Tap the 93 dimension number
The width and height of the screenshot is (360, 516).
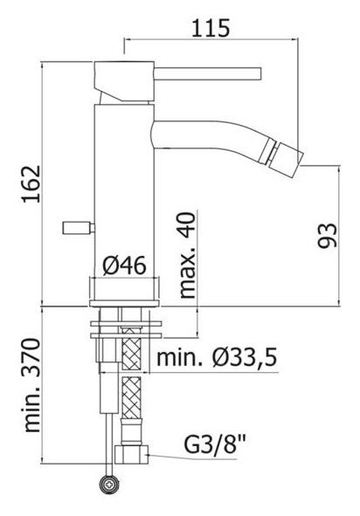pos(326,236)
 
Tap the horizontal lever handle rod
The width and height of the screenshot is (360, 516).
pos(210,69)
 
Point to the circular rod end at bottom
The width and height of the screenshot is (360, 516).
pos(109,482)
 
